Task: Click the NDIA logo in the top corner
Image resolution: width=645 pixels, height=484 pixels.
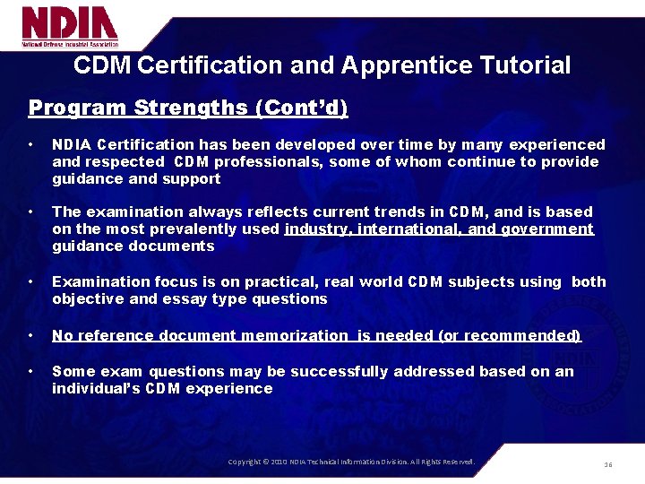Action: pyautogui.click(x=70, y=27)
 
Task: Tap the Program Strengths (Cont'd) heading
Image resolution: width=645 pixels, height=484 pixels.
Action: pyautogui.click(x=188, y=108)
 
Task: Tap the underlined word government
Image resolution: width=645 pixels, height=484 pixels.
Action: pyautogui.click(x=547, y=229)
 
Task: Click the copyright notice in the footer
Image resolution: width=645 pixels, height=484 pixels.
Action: pyautogui.click(x=351, y=462)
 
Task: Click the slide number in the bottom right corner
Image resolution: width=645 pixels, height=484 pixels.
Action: pyautogui.click(x=607, y=464)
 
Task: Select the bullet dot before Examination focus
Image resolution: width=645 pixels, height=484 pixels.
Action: pyautogui.click(x=31, y=282)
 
